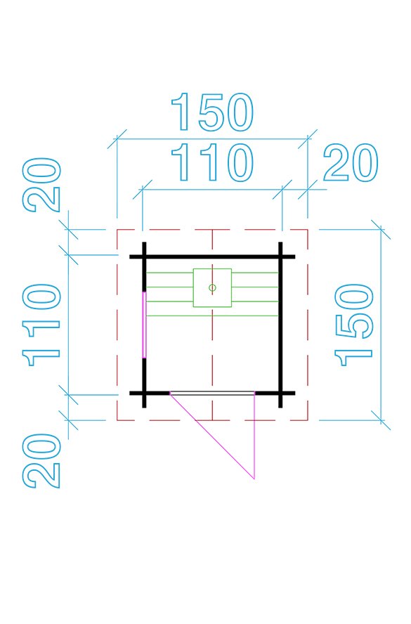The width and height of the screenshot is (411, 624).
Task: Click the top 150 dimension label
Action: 212,112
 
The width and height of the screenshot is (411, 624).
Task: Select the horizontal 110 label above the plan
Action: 212,162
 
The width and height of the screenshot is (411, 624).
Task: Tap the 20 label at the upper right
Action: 350,162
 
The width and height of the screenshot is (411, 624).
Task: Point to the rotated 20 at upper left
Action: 41,185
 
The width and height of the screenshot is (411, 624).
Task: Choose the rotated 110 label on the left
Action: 41,325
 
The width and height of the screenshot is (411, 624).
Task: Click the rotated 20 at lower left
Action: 41,461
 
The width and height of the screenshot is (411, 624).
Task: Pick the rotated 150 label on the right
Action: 354,325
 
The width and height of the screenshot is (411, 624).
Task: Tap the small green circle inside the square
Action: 212,287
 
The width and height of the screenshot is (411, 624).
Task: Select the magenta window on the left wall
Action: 144,325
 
